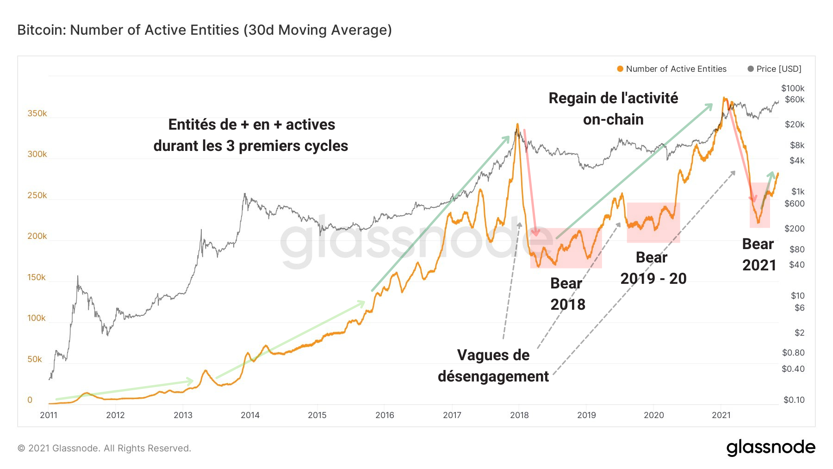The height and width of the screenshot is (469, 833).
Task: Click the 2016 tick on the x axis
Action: pyautogui.click(x=385, y=415)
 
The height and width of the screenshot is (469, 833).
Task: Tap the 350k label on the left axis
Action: pyautogui.click(x=37, y=113)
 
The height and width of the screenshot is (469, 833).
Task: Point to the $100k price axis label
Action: pyautogui.click(x=793, y=88)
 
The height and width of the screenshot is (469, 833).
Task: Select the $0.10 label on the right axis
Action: pyautogui.click(x=794, y=400)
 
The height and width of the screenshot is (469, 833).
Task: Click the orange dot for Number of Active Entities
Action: pyautogui.click(x=620, y=69)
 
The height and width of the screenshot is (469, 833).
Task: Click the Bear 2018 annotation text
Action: pyautogui.click(x=567, y=294)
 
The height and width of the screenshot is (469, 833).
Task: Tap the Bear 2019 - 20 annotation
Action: pyautogui.click(x=653, y=268)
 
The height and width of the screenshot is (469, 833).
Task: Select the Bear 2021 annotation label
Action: pyautogui.click(x=759, y=254)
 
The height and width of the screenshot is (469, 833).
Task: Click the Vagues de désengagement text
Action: pyautogui.click(x=493, y=365)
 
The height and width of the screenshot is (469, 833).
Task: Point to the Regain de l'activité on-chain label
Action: pyautogui.click(x=613, y=108)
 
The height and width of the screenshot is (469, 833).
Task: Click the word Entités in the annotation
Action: pyautogui.click(x=187, y=125)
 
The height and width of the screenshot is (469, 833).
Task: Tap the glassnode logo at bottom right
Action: pyautogui.click(x=771, y=447)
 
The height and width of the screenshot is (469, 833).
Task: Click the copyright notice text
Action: pyautogui.click(x=104, y=448)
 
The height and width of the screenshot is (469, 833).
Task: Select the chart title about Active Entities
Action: pyautogui.click(x=205, y=30)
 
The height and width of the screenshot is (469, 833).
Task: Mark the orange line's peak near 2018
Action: pyautogui.click(x=517, y=124)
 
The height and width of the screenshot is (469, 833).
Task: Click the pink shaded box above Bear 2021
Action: pyautogui.click(x=760, y=205)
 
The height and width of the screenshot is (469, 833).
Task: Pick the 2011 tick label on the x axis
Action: pyautogui.click(x=49, y=415)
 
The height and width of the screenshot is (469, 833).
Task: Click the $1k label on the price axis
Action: pyautogui.click(x=798, y=191)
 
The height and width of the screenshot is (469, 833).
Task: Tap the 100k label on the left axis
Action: pyautogui.click(x=36, y=318)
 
